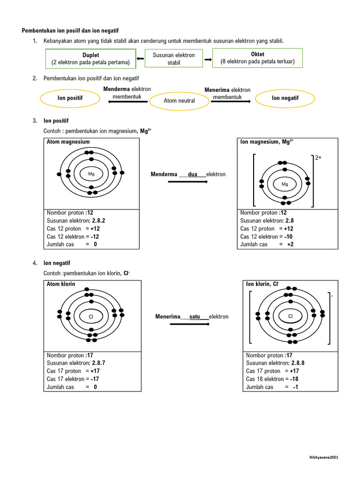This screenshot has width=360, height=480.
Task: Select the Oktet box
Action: pyautogui.click(x=257, y=58)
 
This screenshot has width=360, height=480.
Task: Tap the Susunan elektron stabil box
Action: pyautogui.click(x=174, y=59)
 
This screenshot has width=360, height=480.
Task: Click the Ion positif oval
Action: pyautogui.click(x=70, y=98)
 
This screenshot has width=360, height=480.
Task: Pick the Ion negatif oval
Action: pyautogui.click(x=285, y=98)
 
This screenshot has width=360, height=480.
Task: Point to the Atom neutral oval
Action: pyautogui.click(x=179, y=100)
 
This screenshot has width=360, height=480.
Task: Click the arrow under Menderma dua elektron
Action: pyautogui.click(x=187, y=181)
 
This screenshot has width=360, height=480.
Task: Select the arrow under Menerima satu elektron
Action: pyautogui.click(x=190, y=324)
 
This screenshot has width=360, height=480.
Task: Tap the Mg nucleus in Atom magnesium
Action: pyautogui.click(x=91, y=174)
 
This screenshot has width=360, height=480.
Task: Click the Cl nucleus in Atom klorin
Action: pyautogui.click(x=91, y=317)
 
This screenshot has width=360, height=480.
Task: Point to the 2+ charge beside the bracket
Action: pyautogui.click(x=318, y=158)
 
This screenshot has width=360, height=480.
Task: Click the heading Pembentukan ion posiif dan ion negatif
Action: pyautogui.click(x=70, y=30)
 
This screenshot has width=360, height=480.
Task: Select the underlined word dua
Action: pyautogui.click(x=192, y=174)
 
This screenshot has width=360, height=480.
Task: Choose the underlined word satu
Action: pyautogui.click(x=195, y=317)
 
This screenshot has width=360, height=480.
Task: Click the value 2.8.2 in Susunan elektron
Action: pyautogui.click(x=98, y=220)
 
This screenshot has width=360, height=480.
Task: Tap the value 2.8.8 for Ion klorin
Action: pyautogui.click(x=298, y=363)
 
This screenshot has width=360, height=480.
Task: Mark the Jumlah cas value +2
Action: pyautogui.click(x=290, y=244)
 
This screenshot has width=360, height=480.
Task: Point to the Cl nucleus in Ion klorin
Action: pyautogui.click(x=290, y=316)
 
